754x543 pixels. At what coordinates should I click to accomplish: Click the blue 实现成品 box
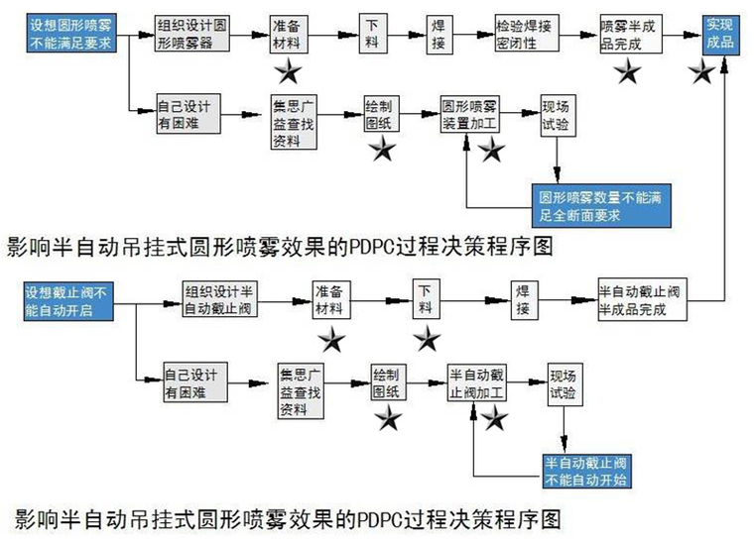tap(724, 33)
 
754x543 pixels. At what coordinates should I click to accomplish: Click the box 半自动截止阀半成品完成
tap(642, 299)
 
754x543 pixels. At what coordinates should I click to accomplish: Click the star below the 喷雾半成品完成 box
tap(627, 70)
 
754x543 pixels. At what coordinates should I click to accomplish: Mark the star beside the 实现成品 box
tap(701, 70)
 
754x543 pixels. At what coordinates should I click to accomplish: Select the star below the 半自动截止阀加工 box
tap(494, 418)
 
